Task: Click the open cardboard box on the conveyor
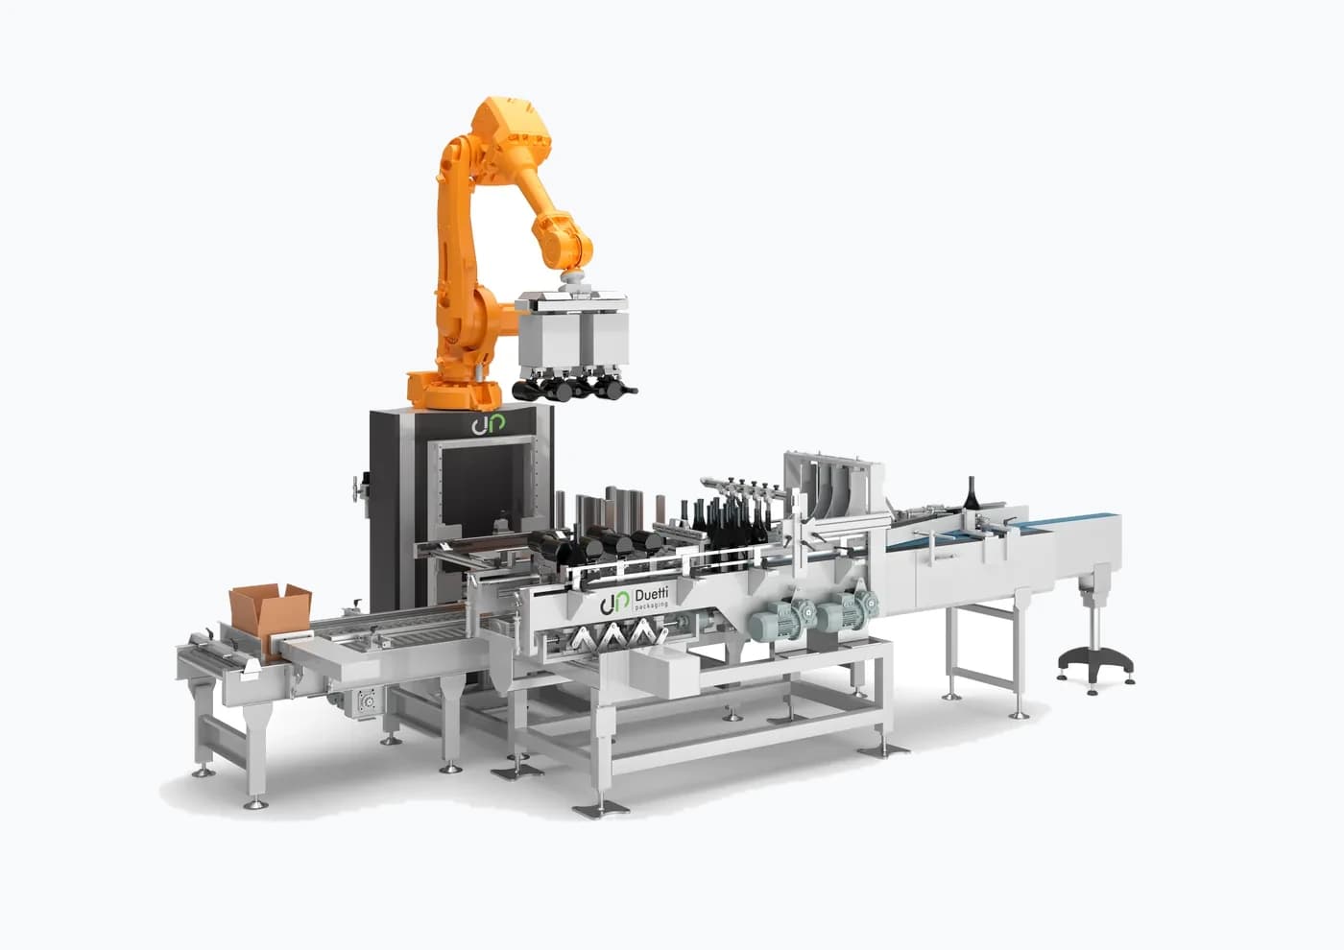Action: pyautogui.click(x=271, y=621)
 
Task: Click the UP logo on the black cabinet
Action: pyautogui.click(x=488, y=424)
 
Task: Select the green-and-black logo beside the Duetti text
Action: pyautogui.click(x=613, y=603)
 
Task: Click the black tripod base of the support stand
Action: pyautogui.click(x=1095, y=663)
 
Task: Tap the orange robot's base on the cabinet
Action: pyautogui.click(x=454, y=390)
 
